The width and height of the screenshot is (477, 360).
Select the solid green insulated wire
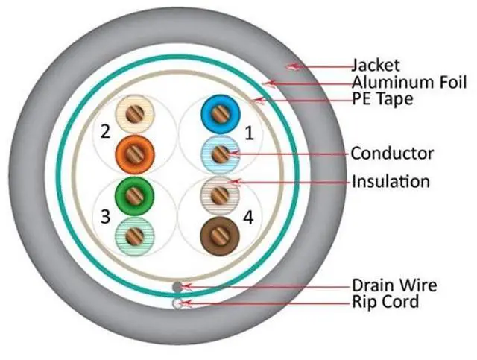pyautogui.click(x=134, y=195)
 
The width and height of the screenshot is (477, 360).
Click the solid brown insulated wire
pyautogui.click(x=219, y=237)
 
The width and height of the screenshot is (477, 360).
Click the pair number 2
pyautogui.click(x=105, y=133)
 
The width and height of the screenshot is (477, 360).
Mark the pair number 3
pyautogui.click(x=105, y=217)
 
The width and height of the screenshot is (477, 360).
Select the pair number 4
pyautogui.click(x=248, y=218)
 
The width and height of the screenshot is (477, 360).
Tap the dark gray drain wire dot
pyautogui.click(x=177, y=286)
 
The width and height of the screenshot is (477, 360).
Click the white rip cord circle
pyautogui.click(x=177, y=303)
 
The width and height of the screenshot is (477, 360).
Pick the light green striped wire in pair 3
pyautogui.click(x=134, y=237)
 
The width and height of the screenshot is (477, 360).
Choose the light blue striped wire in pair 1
pyautogui.click(x=219, y=154)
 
